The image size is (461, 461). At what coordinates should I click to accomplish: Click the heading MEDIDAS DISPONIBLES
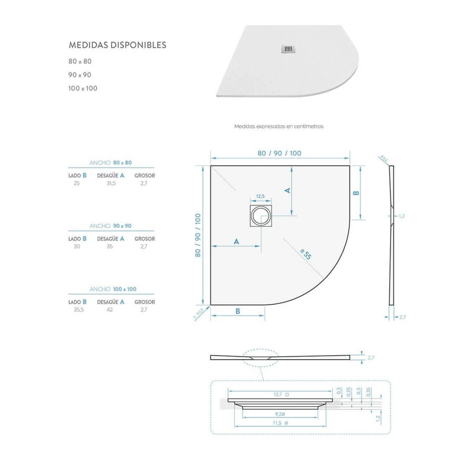117,45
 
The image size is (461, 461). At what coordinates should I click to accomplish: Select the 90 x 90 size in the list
80,75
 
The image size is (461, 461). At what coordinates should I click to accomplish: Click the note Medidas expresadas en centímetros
279,126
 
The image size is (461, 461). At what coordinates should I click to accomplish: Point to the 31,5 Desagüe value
111,183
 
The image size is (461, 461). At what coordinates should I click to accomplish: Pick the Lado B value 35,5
78,310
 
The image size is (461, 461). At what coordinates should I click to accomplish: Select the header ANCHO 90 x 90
111,226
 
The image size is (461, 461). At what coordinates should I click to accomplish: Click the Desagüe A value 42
110,310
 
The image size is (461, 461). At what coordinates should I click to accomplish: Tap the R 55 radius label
306,254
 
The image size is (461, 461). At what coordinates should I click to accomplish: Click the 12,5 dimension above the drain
260,196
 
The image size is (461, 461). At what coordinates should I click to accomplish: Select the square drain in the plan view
261,216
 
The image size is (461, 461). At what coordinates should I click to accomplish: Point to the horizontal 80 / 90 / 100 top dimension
279,153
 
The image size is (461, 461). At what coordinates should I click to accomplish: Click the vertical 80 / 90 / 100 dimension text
197,235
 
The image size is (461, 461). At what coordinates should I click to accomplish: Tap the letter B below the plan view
238,311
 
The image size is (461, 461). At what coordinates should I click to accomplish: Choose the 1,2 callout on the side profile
401,216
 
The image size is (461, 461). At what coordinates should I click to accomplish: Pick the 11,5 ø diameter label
280,423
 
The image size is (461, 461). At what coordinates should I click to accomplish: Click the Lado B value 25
76,183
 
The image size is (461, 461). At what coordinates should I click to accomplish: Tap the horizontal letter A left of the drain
236,241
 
